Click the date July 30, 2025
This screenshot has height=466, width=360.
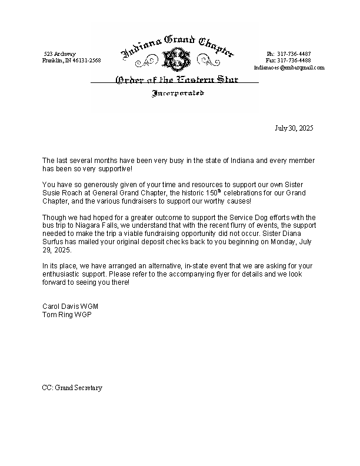(x=294, y=128)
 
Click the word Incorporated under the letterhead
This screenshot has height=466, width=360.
(x=178, y=94)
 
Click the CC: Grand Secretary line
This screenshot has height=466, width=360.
(x=72, y=388)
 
